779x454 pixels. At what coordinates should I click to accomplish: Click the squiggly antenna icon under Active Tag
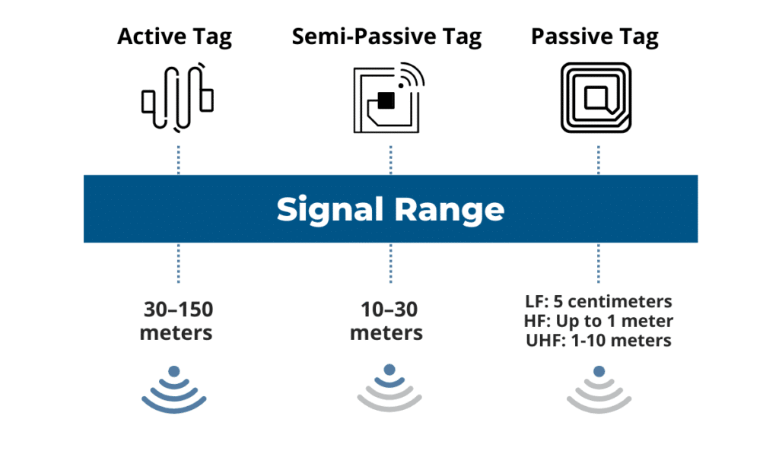click(x=177, y=99)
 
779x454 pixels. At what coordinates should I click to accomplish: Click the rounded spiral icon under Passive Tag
click(x=597, y=98)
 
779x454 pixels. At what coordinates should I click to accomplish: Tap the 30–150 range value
click(x=178, y=310)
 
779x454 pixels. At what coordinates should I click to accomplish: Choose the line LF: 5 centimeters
click(x=599, y=302)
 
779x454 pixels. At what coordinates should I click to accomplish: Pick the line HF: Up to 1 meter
click(x=599, y=321)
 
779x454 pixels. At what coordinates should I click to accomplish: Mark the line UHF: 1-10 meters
click(x=599, y=340)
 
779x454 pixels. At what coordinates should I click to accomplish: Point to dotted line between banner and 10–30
click(x=389, y=263)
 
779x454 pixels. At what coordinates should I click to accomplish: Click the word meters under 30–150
click(x=178, y=333)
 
